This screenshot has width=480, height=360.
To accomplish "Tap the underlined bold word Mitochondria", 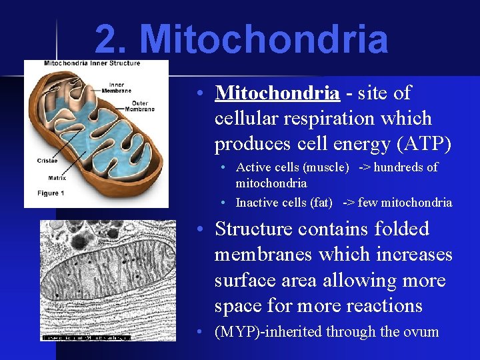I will pos(277,93).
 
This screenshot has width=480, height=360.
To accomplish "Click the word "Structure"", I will pos(253,229).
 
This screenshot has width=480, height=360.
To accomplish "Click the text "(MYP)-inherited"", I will pos(260,331).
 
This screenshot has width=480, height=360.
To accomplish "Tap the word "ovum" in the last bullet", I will pos(421,331).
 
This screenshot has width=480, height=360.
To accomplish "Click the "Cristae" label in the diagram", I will pos(47,160).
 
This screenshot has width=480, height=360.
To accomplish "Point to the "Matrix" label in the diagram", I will pos(47,177).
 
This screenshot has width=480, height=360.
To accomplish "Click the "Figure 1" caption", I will pos(50,193).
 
